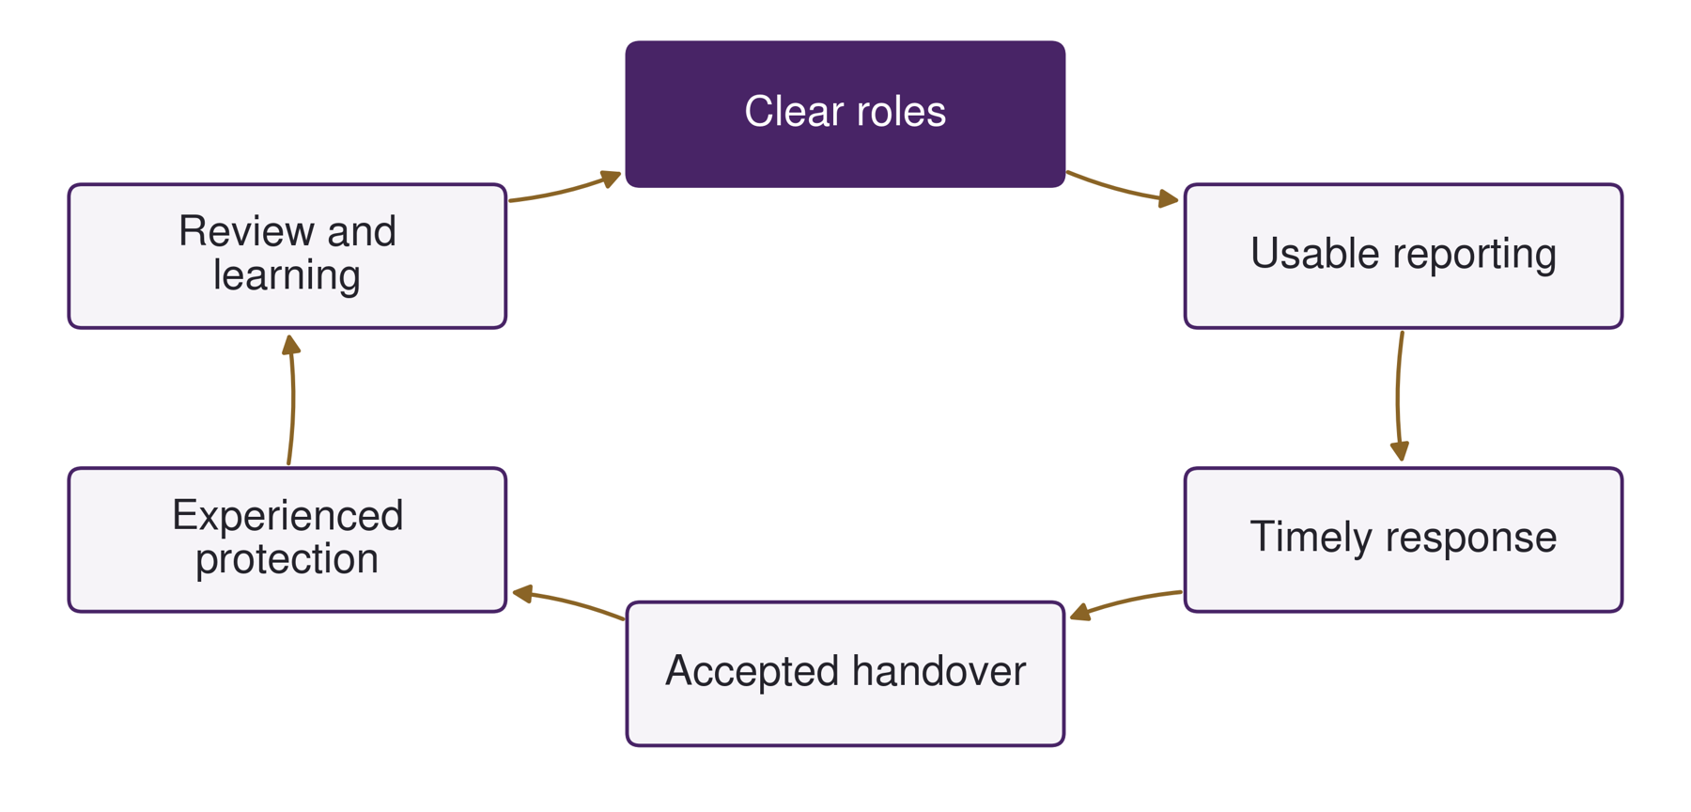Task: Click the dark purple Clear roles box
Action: click(845, 114)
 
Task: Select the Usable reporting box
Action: click(1404, 256)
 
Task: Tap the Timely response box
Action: click(1404, 539)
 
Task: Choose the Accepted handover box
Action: click(845, 674)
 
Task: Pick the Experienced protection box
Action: click(287, 539)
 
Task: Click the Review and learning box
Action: click(287, 256)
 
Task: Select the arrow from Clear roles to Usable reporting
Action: click(1123, 190)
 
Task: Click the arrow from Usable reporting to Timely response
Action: click(1398, 396)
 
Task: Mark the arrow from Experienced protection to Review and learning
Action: click(292, 399)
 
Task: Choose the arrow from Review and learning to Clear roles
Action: click(566, 190)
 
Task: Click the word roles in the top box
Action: click(899, 111)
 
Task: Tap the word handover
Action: click(939, 671)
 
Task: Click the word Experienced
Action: click(287, 515)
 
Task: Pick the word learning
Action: click(287, 275)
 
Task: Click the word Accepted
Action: click(752, 672)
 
